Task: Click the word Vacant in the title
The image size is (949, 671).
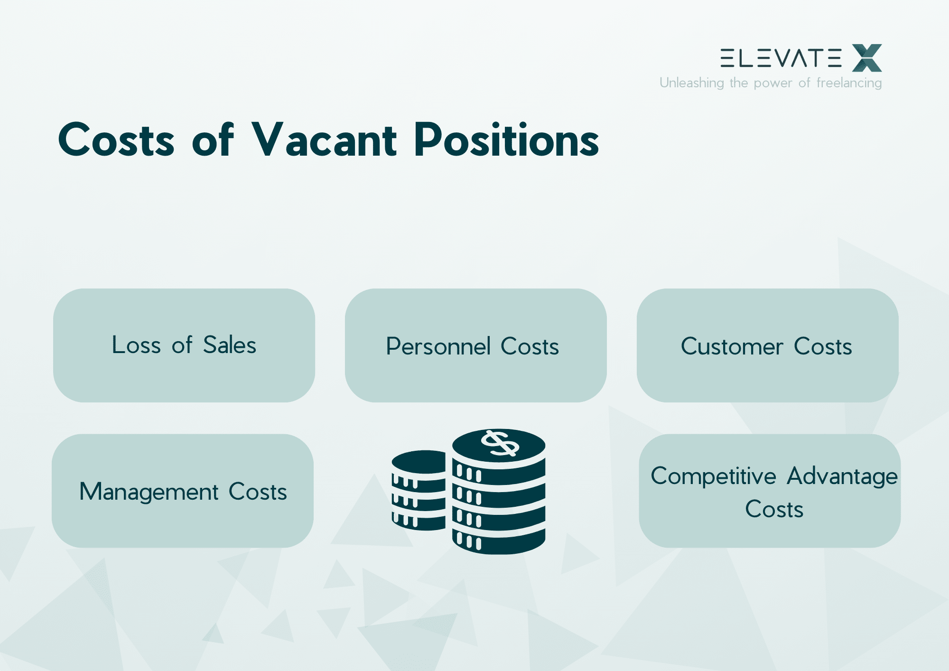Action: pos(324,140)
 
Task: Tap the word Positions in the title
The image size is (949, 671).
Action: pos(506,140)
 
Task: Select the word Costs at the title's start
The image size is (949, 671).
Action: pos(116,140)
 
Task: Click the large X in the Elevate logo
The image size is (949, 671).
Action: pos(867,58)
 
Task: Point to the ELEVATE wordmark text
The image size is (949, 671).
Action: pos(781,58)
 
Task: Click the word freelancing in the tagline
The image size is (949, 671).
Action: pos(849,83)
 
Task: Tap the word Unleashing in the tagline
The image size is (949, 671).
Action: pos(691,83)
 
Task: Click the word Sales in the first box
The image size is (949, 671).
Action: pos(230,345)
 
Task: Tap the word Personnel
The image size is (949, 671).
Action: pos(438,346)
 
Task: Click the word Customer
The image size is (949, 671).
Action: pos(732,346)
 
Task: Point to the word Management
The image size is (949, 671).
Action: pos(149,492)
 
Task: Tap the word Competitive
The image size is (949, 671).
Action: pos(713,476)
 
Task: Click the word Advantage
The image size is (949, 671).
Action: pos(842,476)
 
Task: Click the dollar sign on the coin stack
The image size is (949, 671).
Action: pos(500,443)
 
